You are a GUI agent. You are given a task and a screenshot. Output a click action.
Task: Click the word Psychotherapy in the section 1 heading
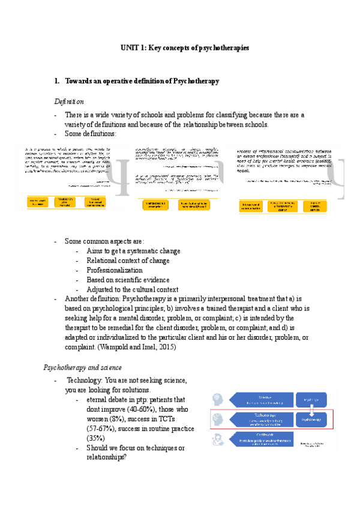click(x=196, y=80)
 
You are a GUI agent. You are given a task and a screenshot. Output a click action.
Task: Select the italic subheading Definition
click(x=69, y=101)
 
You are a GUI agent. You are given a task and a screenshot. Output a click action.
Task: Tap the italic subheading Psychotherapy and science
click(x=83, y=367)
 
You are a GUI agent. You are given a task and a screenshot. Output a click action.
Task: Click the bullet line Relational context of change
click(x=128, y=261)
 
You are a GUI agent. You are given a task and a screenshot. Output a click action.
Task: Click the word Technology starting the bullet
click(x=85, y=380)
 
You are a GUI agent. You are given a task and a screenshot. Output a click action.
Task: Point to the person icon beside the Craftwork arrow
click(x=216, y=441)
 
